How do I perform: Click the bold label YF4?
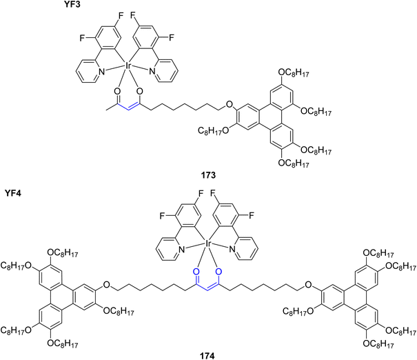(x=13, y=192)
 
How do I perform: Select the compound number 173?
(x=208, y=175)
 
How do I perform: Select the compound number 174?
(x=207, y=356)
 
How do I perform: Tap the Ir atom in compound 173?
(x=127, y=66)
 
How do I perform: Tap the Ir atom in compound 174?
(x=207, y=243)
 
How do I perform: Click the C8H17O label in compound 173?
(x=213, y=131)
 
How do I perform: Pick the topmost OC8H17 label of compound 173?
(x=294, y=72)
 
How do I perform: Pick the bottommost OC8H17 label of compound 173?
(x=294, y=163)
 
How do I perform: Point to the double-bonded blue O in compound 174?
(x=196, y=272)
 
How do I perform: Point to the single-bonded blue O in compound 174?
(x=218, y=272)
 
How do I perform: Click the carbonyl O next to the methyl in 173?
(x=116, y=91)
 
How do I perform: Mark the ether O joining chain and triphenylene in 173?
(x=228, y=103)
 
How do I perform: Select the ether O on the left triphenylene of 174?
(x=106, y=285)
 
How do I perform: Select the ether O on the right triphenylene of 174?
(x=308, y=285)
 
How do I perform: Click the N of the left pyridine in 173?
(x=101, y=71)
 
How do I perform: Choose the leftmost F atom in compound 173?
(x=82, y=38)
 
